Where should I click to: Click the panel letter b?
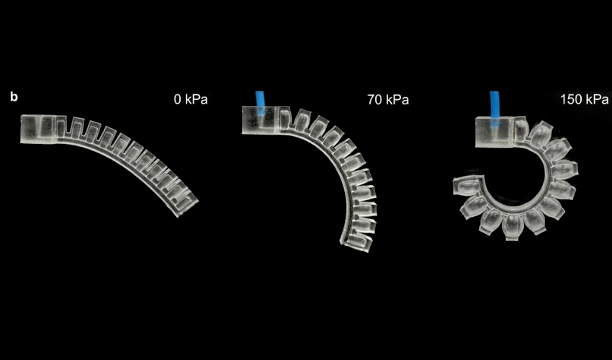[x=14, y=96]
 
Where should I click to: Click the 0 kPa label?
[x=191, y=99]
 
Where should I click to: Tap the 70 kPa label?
[x=388, y=100]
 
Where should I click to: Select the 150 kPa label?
[x=585, y=99]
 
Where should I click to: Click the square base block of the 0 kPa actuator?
[x=38, y=129]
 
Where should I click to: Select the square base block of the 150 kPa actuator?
[x=494, y=132]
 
